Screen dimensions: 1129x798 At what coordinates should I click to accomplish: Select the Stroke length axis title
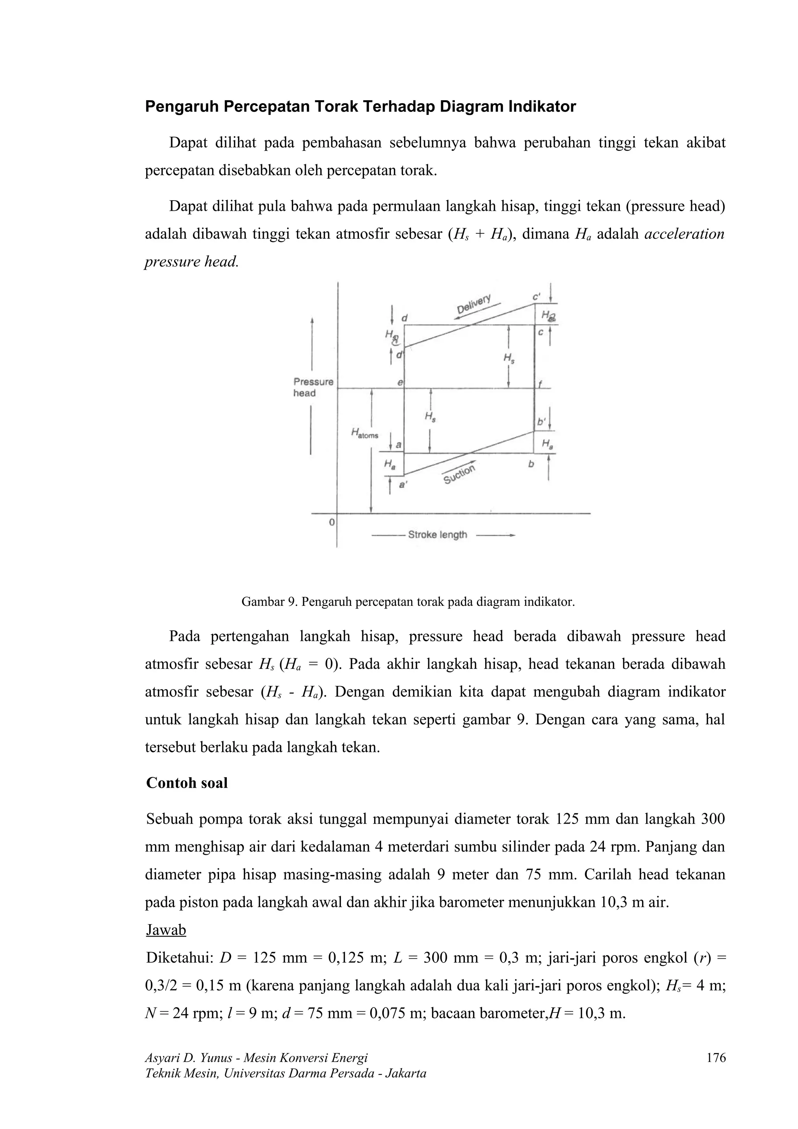[x=437, y=535]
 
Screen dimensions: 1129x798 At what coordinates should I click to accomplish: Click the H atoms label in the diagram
[x=364, y=433]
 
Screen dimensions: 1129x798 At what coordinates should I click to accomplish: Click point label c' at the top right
[x=537, y=297]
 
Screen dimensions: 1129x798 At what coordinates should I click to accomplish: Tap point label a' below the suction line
[x=403, y=485]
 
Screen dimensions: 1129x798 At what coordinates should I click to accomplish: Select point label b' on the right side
[x=541, y=422]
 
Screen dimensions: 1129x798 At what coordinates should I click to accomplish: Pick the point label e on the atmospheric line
[x=400, y=382]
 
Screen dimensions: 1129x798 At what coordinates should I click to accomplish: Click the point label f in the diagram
[x=540, y=385]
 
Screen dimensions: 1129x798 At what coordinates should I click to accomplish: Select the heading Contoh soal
[x=187, y=782]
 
